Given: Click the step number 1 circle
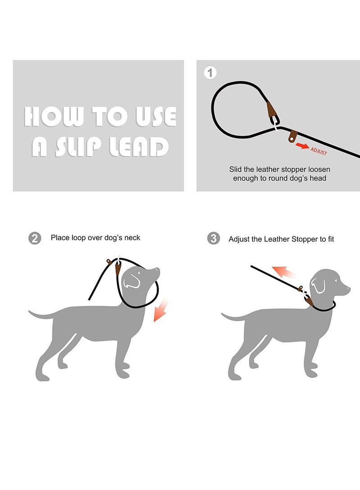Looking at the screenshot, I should pyautogui.click(x=210, y=72).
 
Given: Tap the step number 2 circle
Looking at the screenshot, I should pyautogui.click(x=35, y=238).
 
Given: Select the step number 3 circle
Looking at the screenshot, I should pyautogui.click(x=214, y=238).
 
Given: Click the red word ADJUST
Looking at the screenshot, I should pyautogui.click(x=319, y=151).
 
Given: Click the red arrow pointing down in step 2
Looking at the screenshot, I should pyautogui.click(x=160, y=310).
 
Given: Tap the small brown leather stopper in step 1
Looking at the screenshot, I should pyautogui.click(x=294, y=134).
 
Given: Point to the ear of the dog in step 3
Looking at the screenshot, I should pyautogui.click(x=319, y=285).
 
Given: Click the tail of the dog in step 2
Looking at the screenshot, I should pyautogui.click(x=40, y=315).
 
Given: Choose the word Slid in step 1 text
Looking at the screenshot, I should pyautogui.click(x=237, y=169).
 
